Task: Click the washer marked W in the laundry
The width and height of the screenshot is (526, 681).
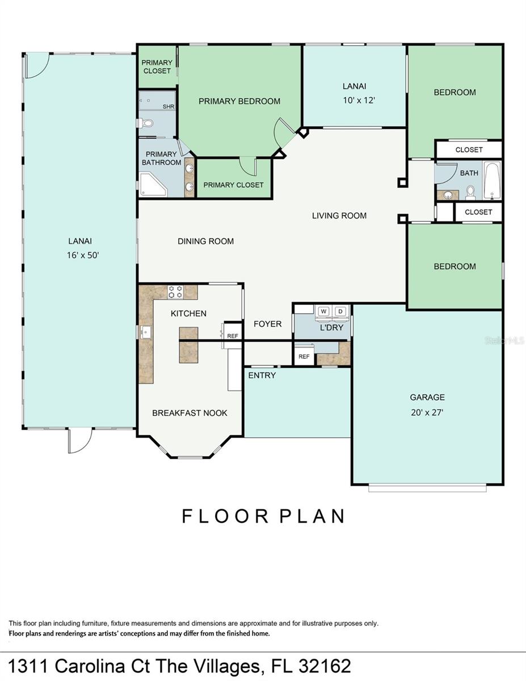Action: pos(323,311)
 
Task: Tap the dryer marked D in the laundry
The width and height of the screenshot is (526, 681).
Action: pos(340,311)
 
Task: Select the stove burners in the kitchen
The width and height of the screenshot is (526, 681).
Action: pos(175,292)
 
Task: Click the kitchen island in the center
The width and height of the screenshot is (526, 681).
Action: pos(188,344)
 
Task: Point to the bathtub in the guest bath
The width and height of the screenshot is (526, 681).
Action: pos(492,180)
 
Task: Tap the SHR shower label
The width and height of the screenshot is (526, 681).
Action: pos(168,107)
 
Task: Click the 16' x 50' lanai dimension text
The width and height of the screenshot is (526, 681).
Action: pos(83,255)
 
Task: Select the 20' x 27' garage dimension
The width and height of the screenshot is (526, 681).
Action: pos(427,413)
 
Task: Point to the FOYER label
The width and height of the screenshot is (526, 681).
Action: pos(267,323)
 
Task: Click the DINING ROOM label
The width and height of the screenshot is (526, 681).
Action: pos(205,241)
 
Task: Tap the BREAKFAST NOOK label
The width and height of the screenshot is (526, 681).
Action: pos(190,413)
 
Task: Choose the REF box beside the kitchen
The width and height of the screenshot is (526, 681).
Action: pos(233,336)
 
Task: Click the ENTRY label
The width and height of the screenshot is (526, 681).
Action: pos(262,375)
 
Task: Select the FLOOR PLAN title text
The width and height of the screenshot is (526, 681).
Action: pos(263,516)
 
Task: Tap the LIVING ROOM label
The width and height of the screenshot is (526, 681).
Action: pos(339,216)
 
